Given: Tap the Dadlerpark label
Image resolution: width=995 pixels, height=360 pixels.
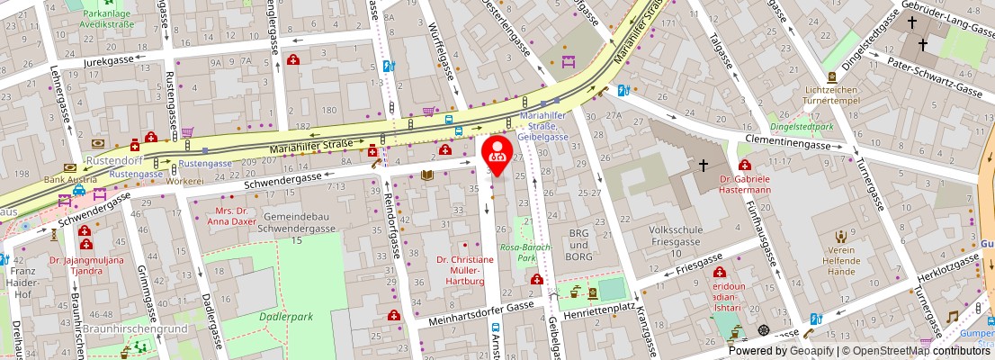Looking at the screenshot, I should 285,317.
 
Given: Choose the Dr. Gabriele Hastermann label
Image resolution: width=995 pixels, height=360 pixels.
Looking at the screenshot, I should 746,184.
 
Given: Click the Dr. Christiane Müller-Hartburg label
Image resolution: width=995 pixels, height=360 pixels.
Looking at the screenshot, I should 465,270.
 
